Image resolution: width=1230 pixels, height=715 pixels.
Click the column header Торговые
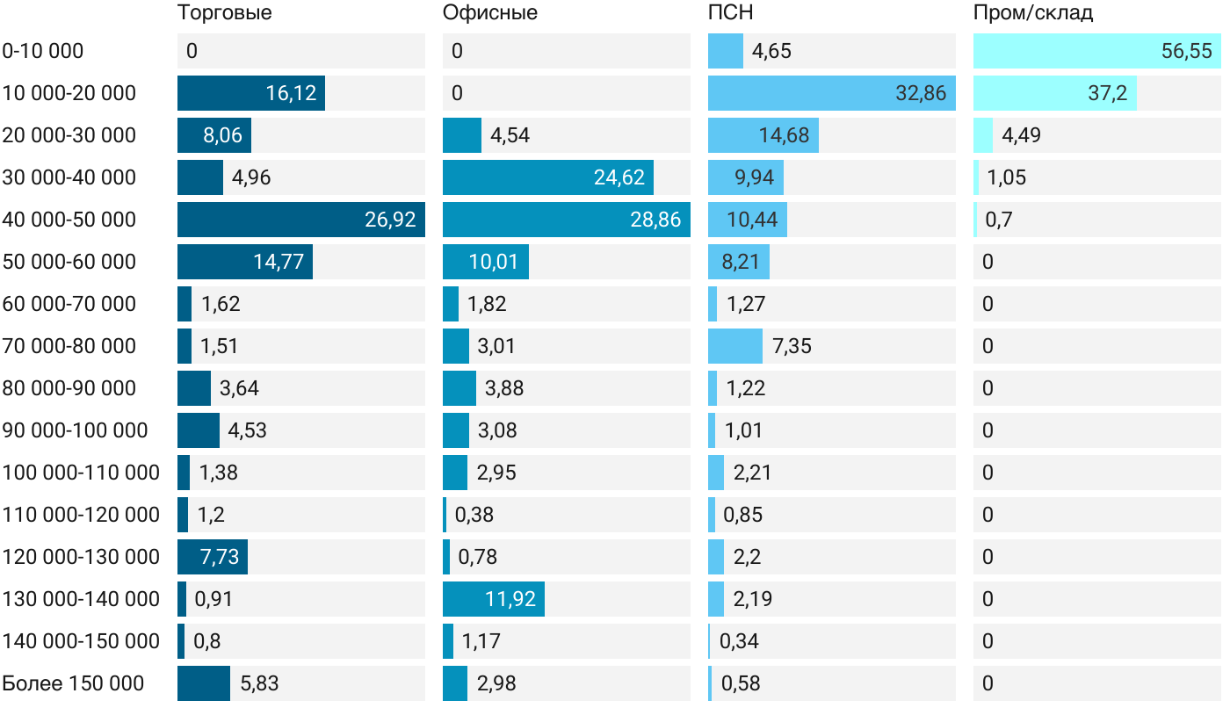(x=224, y=13)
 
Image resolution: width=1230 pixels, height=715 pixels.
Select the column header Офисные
(x=489, y=13)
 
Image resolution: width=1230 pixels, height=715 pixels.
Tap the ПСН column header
(x=730, y=13)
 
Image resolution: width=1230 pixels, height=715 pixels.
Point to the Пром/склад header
(x=1032, y=13)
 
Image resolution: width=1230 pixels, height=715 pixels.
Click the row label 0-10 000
(x=43, y=51)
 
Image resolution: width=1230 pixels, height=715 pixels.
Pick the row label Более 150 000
(x=73, y=683)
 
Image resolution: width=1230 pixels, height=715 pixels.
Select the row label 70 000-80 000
(x=69, y=346)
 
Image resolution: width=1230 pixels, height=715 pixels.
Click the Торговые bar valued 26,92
(x=300, y=220)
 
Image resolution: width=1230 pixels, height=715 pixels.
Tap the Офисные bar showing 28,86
(x=566, y=220)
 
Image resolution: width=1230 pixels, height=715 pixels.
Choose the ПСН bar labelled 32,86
(x=831, y=93)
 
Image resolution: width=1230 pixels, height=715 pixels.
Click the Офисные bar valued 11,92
(x=493, y=599)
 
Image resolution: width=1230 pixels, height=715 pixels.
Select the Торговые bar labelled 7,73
(x=212, y=557)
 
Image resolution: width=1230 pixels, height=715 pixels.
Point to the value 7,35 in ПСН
(x=792, y=346)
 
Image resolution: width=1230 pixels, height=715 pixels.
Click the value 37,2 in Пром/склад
(x=1107, y=93)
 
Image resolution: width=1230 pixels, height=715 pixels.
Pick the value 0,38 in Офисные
(x=474, y=515)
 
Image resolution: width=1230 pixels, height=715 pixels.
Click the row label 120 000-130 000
(x=81, y=557)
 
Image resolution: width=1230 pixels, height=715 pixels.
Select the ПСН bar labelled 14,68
(x=763, y=135)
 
